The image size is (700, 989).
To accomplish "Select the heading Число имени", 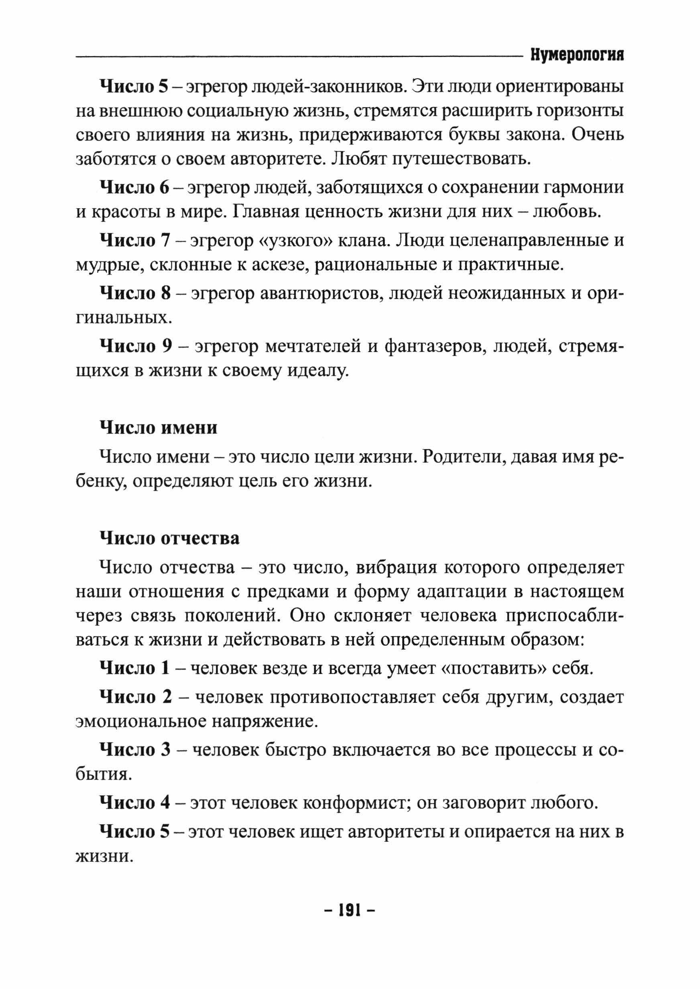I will [158, 428].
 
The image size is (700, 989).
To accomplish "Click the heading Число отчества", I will [169, 539].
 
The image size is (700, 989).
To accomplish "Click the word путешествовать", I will [460, 159].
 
